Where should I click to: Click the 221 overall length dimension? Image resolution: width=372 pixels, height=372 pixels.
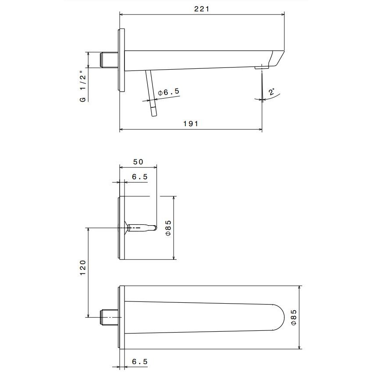tap(202, 9)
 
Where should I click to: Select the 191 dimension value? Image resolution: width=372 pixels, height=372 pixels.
tap(191, 124)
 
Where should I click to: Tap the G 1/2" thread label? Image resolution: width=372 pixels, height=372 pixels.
tap(83, 86)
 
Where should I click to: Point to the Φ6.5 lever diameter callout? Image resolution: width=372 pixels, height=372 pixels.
tap(169, 92)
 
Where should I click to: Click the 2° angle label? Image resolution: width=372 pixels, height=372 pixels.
tap(272, 92)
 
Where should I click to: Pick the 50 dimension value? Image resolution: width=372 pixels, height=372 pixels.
tap(138, 162)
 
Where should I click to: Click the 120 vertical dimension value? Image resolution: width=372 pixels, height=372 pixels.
tap(82, 267)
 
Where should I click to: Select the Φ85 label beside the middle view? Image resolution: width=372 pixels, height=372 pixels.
tap(168, 228)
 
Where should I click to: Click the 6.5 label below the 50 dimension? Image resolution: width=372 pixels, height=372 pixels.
tap(140, 177)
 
